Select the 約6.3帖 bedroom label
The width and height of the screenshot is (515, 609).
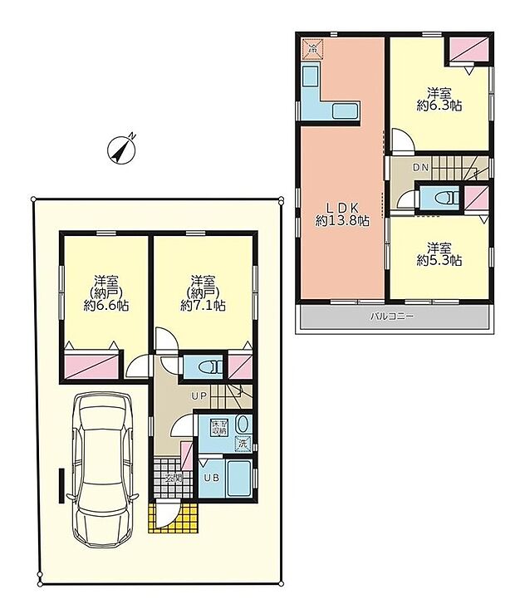coord(439,99)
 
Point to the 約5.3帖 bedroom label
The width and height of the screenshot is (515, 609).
coord(439,253)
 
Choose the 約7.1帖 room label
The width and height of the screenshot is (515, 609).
coord(202,292)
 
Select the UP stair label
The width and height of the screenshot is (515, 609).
coord(200,395)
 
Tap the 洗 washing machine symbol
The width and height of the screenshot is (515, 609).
coord(243,444)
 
